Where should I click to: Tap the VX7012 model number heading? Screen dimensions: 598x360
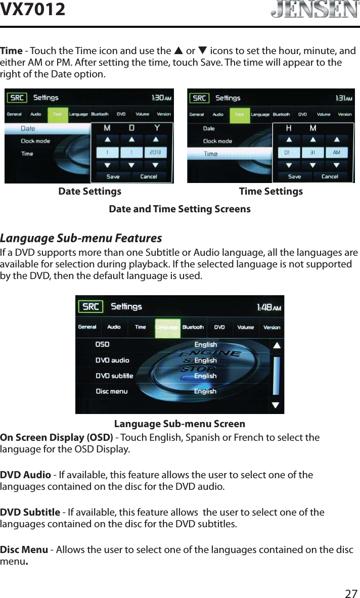tap(33, 9)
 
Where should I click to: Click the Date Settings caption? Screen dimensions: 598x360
tap(90, 192)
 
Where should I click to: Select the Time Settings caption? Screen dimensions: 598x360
tap(271, 192)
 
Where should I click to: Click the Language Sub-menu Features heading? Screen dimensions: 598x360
tap(81, 238)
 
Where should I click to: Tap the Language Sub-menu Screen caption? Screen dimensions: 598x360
tap(179, 424)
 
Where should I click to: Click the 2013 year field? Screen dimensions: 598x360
tap(156, 152)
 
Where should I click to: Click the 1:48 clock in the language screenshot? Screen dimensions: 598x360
tap(269, 307)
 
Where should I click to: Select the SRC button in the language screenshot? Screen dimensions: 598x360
tap(91, 307)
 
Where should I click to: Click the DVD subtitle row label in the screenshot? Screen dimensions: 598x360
tap(114, 376)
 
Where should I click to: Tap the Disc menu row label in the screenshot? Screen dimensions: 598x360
tap(112, 391)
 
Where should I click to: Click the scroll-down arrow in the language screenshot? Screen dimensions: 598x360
tap(275, 404)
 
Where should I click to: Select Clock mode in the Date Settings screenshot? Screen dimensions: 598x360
tap(35, 141)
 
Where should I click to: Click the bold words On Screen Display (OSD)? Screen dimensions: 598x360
tap(57, 437)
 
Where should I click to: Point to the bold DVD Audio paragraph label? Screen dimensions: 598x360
tap(25, 475)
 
